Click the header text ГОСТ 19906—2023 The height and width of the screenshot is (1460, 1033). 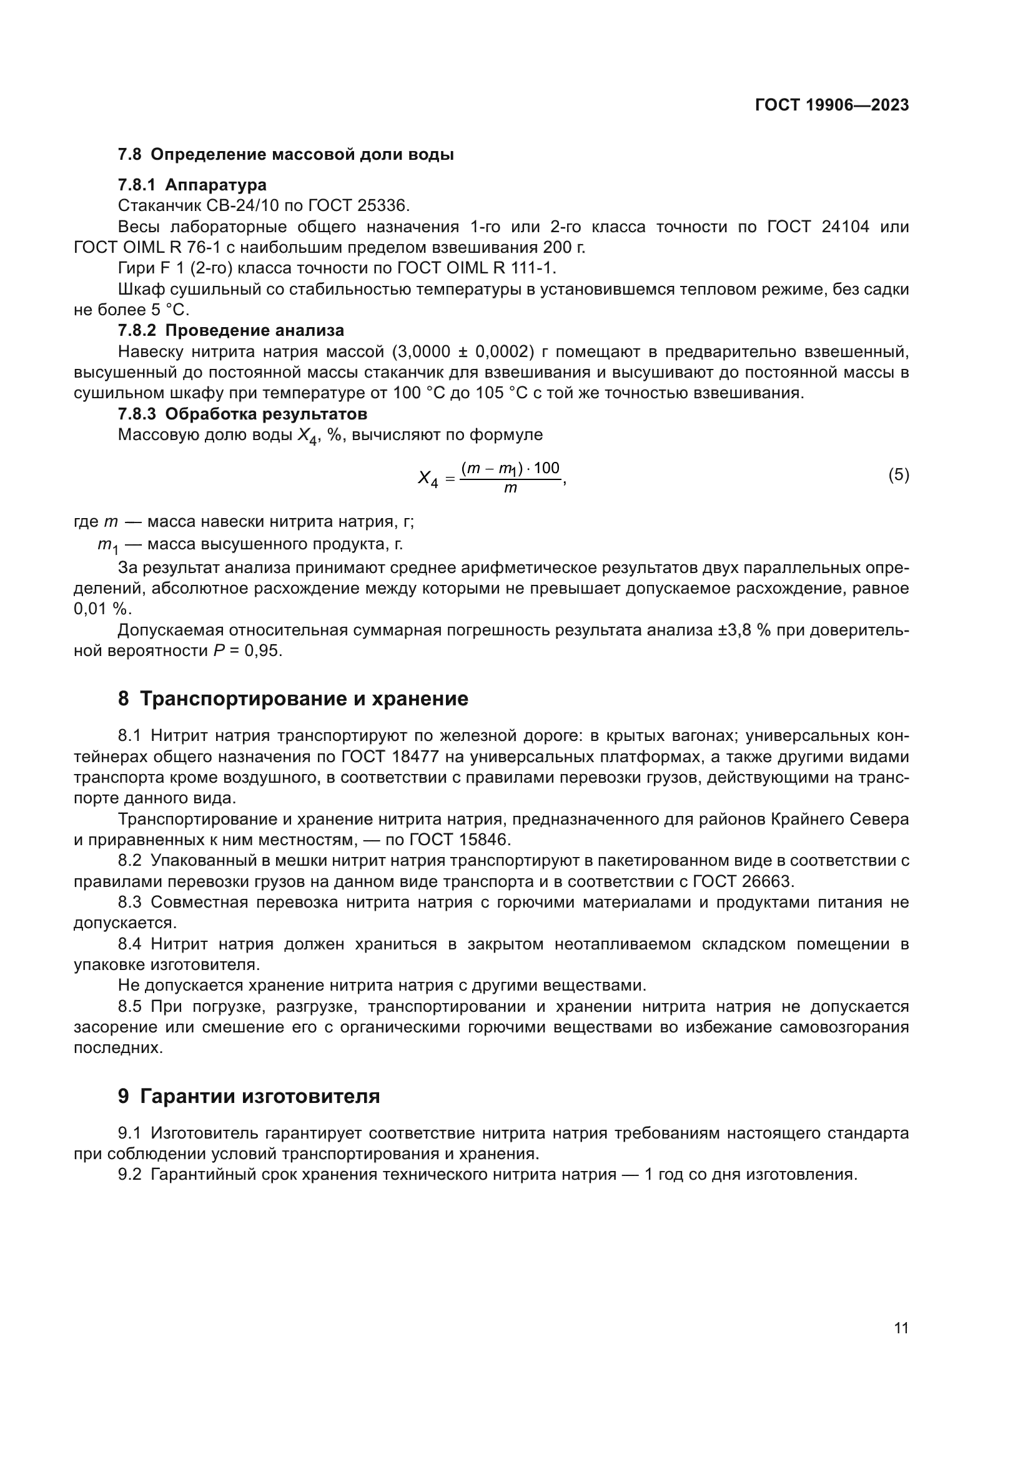click(831, 105)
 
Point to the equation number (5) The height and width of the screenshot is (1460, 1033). click(898, 474)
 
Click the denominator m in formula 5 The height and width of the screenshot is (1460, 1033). click(510, 489)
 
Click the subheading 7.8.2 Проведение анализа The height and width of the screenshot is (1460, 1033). click(231, 331)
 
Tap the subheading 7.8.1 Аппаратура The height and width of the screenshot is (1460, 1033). click(192, 185)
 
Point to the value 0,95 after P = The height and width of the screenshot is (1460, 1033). click(265, 651)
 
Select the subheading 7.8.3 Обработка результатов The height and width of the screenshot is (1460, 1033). click(242, 414)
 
